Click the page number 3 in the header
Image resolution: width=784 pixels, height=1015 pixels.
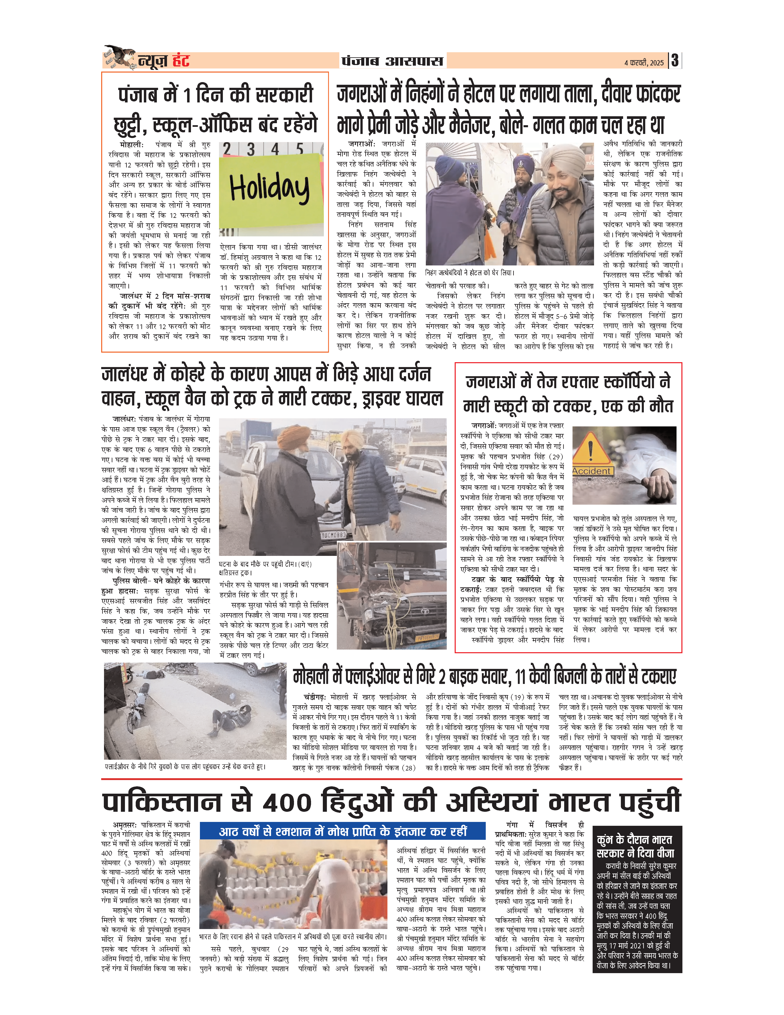(675, 60)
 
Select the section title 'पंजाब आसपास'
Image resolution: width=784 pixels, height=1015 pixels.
(393, 61)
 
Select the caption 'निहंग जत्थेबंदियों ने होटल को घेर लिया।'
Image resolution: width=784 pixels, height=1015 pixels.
(470, 273)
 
